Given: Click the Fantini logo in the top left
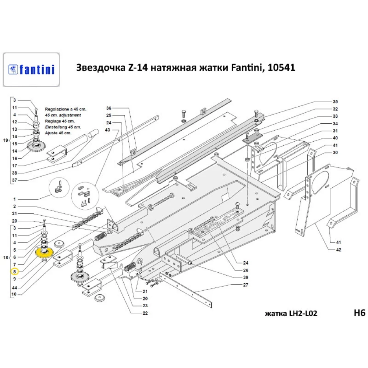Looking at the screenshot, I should tap(31, 70).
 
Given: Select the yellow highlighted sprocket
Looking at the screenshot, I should tap(45, 253).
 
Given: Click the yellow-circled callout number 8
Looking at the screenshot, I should tap(14, 272).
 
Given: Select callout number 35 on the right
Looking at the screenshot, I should tap(335, 101).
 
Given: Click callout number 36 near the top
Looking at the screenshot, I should tap(109, 108).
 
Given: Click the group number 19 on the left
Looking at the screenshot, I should tap(5, 140).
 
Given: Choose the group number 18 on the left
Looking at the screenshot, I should tap(5, 258).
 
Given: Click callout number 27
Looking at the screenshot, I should tap(245, 285).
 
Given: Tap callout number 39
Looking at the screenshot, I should tap(245, 277).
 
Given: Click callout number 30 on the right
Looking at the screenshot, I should tap(335, 152).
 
